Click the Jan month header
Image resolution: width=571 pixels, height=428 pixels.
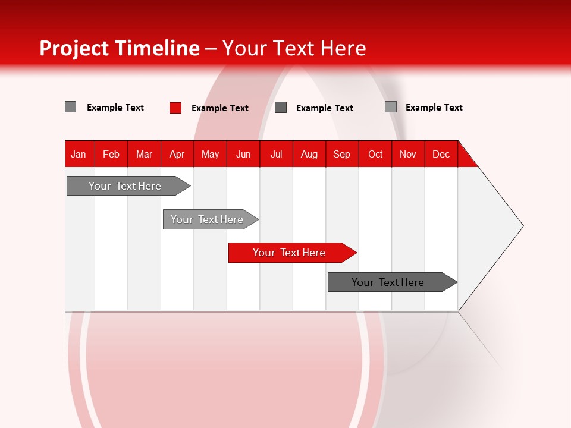click(x=79, y=154)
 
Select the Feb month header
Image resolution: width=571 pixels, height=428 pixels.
click(x=111, y=154)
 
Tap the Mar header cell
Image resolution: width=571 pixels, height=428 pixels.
click(x=144, y=154)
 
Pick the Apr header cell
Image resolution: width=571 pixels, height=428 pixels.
click(x=177, y=154)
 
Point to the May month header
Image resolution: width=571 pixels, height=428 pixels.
click(x=210, y=154)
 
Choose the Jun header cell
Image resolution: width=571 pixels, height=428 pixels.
click(x=243, y=154)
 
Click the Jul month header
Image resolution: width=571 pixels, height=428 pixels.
click(x=276, y=154)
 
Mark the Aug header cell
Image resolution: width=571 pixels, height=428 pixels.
click(x=309, y=154)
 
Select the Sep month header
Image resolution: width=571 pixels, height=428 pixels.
click(x=342, y=154)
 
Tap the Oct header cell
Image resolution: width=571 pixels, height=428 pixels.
click(x=375, y=154)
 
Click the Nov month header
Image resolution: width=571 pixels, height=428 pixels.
click(x=408, y=154)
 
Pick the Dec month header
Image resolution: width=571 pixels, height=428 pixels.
click(x=441, y=154)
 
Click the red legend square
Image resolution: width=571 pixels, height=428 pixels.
click(x=175, y=108)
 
